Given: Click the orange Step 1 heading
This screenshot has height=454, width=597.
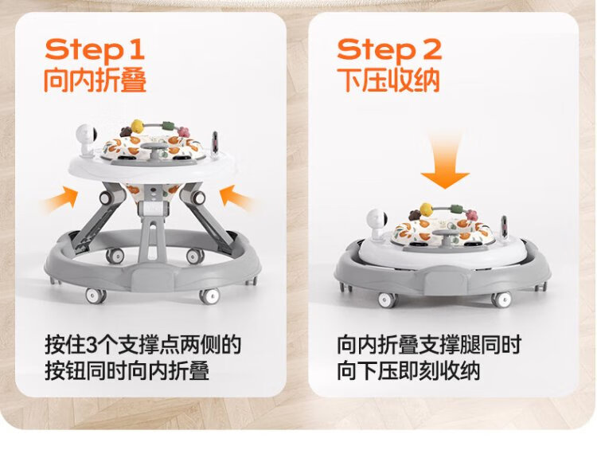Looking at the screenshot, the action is tap(95, 50).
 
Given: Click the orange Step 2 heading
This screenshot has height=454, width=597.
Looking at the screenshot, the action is tap(389, 50).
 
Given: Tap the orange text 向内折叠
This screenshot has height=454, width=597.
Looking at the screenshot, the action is tap(96, 80).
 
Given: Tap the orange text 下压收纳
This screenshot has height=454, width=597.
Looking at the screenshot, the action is tap(388, 80).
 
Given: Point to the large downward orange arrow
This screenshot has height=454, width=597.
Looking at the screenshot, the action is tap(445, 162).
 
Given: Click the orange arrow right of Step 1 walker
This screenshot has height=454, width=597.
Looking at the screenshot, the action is tap(237, 198).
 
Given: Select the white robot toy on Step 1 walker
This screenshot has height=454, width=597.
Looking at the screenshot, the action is tap(87, 139).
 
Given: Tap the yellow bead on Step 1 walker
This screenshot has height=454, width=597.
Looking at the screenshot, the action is tap(137, 125).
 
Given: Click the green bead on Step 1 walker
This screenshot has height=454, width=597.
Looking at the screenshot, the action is tap(167, 126).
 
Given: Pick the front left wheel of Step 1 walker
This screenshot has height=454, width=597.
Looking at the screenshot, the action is tap(96, 295).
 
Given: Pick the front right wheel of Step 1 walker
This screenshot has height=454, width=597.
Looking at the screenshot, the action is tap(210, 296).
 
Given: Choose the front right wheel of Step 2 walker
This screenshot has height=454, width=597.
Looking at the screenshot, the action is tap(501, 299).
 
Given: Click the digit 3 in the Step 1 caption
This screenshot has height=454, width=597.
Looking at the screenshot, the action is tap(92, 344).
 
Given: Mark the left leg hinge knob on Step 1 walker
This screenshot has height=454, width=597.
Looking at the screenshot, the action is tap(107, 198).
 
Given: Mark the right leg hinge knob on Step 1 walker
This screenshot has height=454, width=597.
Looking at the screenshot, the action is tap(198, 198).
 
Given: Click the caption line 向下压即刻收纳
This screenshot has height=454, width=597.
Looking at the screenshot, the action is tap(408, 370).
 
